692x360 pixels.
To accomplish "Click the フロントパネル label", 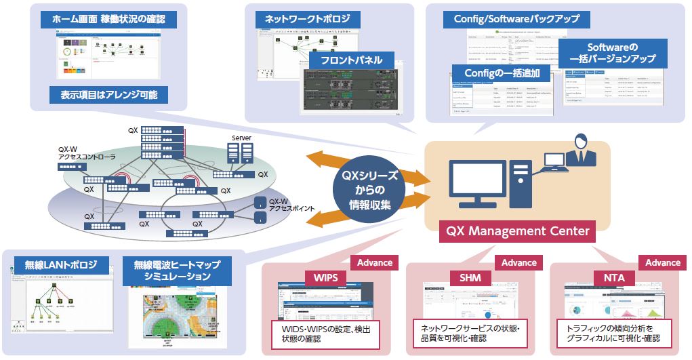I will click(x=346, y=60).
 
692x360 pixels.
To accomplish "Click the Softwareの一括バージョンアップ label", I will click(x=613, y=54).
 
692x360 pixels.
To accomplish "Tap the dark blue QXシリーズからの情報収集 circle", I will click(x=369, y=190).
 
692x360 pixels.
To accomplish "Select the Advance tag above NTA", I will click(x=662, y=262).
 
